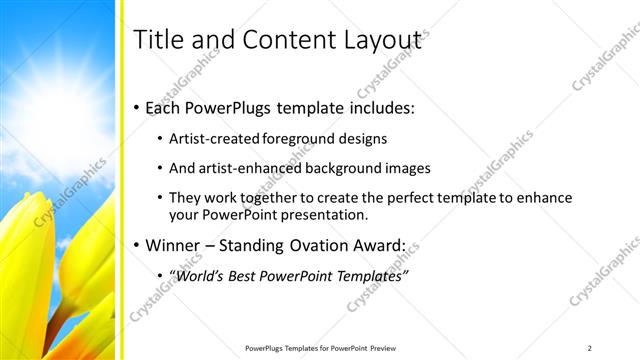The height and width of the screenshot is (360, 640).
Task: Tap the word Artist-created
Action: click(x=206, y=139)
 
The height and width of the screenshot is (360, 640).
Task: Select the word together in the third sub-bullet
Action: click(x=273, y=198)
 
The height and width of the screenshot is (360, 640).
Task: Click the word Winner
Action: click(x=173, y=245)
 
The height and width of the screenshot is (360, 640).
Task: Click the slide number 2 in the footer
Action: click(x=589, y=347)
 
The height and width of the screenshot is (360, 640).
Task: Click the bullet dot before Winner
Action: click(x=137, y=246)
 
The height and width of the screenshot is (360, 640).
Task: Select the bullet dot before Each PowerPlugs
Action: click(x=137, y=108)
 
